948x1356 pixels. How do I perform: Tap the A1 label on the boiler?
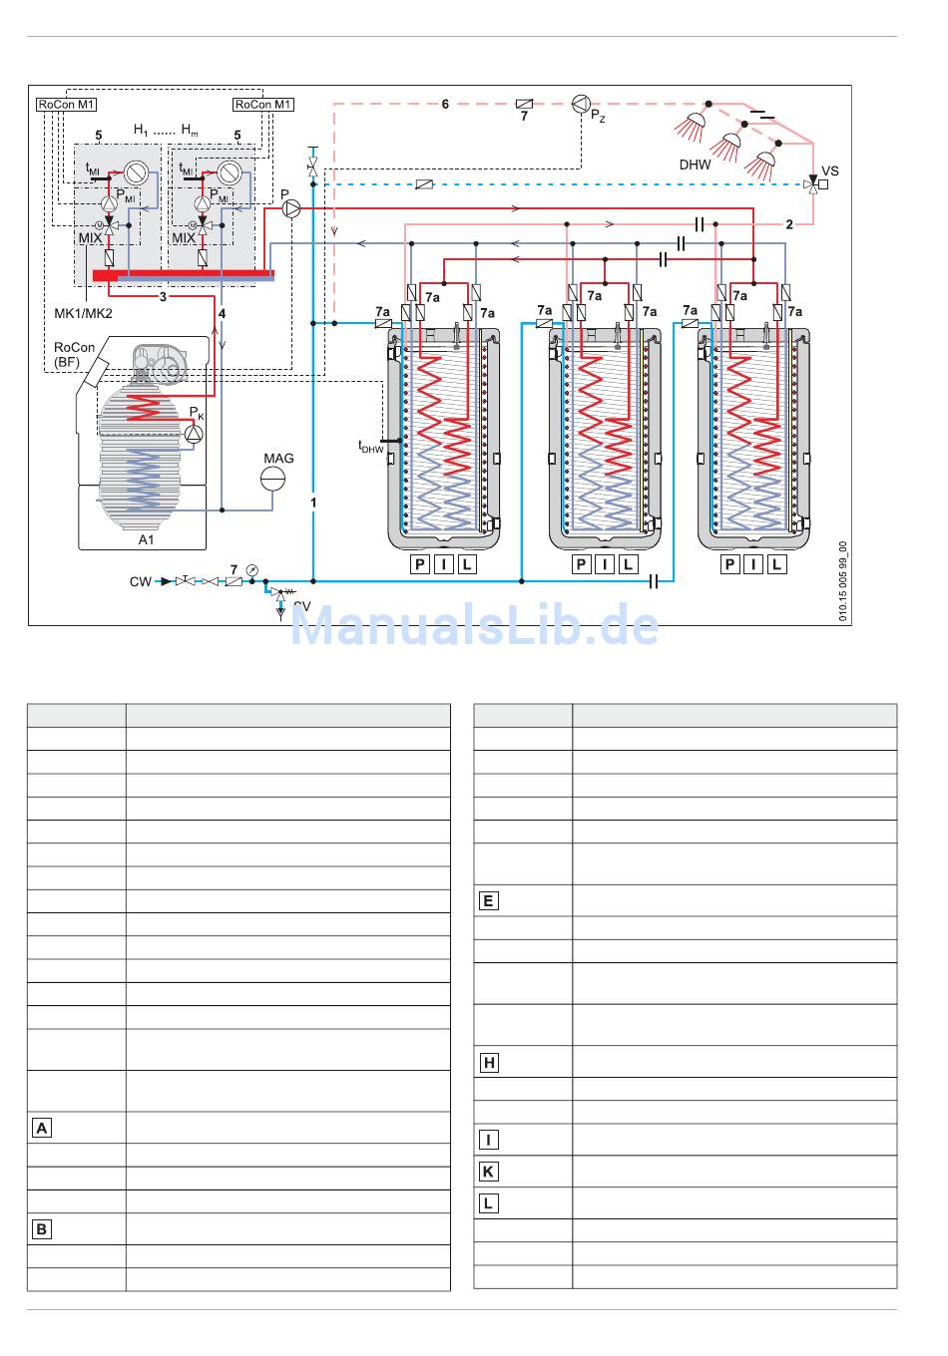(146, 539)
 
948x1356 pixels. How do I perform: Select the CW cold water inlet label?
(140, 581)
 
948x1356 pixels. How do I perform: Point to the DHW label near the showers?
(695, 165)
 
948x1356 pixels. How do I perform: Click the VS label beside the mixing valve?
(830, 170)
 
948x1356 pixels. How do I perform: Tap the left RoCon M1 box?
(66, 104)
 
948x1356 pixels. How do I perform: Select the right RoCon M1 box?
(263, 104)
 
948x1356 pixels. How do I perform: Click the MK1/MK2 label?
(83, 313)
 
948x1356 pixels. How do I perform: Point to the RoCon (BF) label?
(74, 354)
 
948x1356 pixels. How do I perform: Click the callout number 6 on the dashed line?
(445, 104)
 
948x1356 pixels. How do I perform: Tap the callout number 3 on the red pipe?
(163, 296)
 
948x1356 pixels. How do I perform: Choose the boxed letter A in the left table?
(42, 1128)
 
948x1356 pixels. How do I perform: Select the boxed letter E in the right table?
(488, 900)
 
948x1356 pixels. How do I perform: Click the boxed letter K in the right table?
(488, 1171)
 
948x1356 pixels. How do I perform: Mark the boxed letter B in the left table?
(42, 1228)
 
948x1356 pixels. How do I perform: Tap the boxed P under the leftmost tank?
(419, 564)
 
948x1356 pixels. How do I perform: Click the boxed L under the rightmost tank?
(776, 564)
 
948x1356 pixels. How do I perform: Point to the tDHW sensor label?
(370, 447)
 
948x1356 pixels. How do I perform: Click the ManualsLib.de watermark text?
(475, 626)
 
